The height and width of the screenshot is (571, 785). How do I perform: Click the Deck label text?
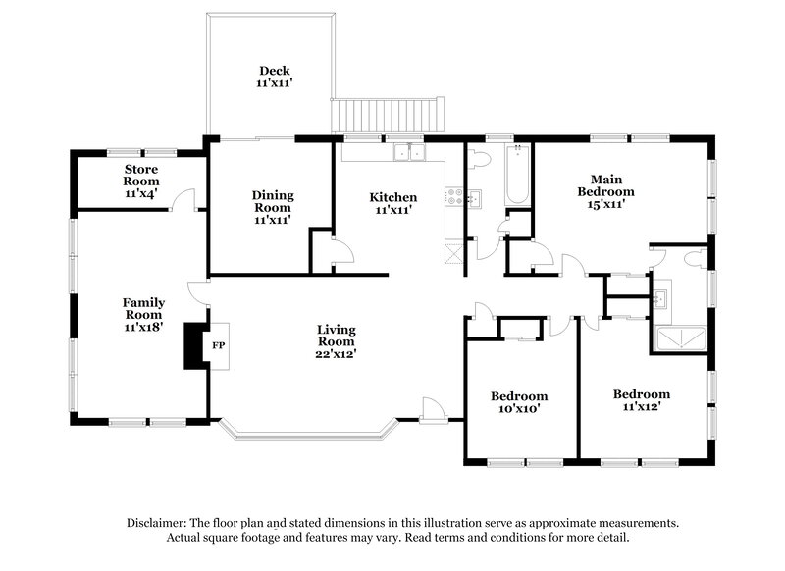(x=273, y=70)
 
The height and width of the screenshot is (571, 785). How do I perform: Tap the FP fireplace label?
(x=220, y=345)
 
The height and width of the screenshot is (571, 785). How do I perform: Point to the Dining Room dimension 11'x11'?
(x=273, y=221)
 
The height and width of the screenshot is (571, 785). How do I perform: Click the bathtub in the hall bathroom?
(x=518, y=175)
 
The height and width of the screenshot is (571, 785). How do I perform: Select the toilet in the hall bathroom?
(x=479, y=159)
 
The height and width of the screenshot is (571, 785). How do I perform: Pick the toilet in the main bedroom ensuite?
(x=695, y=258)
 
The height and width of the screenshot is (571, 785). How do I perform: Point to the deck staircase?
(x=389, y=115)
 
